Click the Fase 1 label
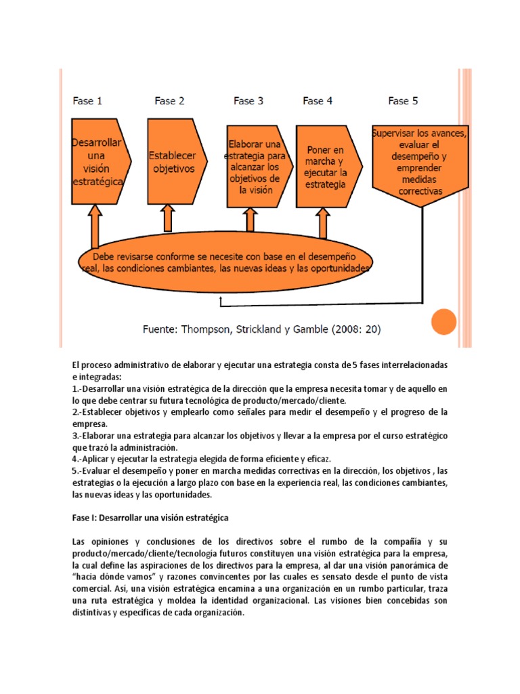pos(87,101)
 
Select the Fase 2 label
pos(169,101)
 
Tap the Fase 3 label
pos(248,101)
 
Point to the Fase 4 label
pos(318,101)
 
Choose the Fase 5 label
pos(403,101)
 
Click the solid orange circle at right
pos(444,321)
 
